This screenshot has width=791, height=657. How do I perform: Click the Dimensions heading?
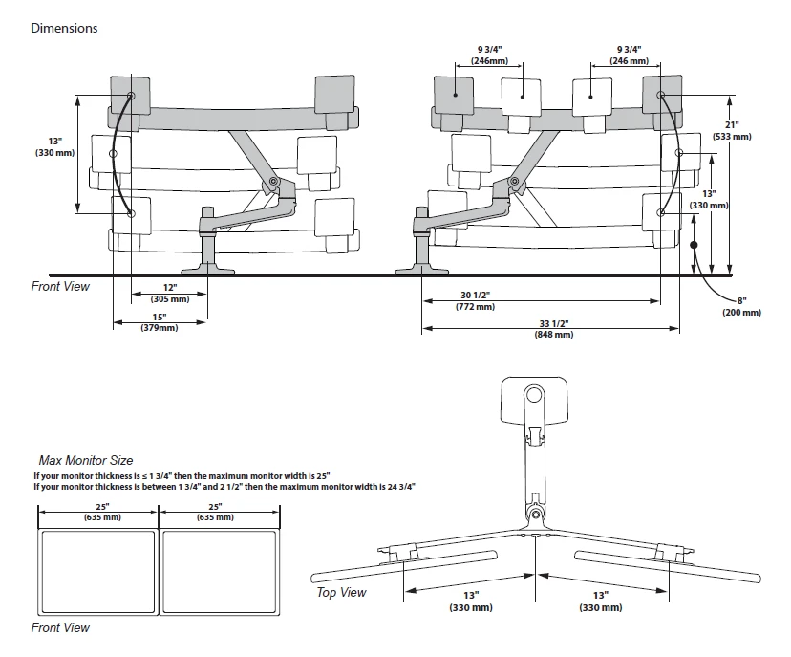click(64, 28)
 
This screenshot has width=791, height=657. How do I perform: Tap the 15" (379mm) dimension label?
click(159, 322)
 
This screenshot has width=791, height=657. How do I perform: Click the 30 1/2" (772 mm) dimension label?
click(474, 300)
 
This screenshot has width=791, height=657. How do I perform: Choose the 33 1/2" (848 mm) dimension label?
click(554, 329)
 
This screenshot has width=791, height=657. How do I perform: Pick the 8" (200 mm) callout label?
click(741, 307)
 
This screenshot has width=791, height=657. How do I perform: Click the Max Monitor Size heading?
click(85, 460)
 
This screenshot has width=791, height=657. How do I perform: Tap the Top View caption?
click(341, 592)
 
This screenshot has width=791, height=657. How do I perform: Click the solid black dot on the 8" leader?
click(695, 245)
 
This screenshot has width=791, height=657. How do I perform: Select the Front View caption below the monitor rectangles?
click(60, 627)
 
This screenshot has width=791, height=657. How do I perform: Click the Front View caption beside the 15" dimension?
click(60, 286)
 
